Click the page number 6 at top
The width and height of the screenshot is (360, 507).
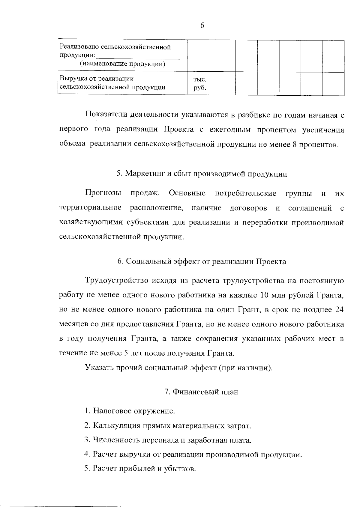coord(202,26)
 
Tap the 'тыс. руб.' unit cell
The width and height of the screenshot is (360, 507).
coord(200,84)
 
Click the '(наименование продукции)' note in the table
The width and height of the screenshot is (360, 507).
coord(122,64)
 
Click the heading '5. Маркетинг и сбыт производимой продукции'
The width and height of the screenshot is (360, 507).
coord(202,174)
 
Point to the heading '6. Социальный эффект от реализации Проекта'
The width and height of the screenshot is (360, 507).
coord(202,262)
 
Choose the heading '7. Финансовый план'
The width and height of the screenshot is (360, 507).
coord(201,392)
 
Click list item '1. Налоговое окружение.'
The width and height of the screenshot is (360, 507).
coord(130,411)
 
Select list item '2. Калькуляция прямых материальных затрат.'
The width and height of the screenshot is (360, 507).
coord(167,426)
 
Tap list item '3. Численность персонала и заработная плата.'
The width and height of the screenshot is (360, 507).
coord(168,440)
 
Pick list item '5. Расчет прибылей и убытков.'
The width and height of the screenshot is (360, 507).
coord(140,469)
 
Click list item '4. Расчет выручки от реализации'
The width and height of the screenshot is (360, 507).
coord(193,455)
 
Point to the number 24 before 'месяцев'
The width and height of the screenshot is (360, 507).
coord(339,310)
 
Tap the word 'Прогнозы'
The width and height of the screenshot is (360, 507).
coord(103,193)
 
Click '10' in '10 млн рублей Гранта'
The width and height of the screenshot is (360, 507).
coord(264,295)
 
